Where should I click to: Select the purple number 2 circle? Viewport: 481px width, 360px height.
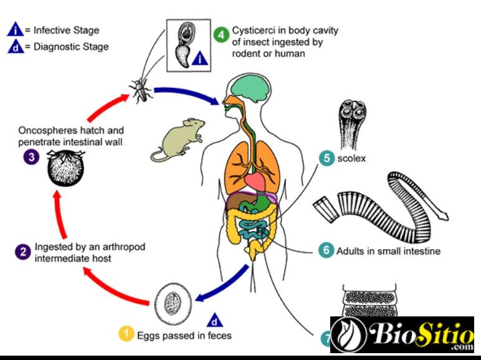(23, 252)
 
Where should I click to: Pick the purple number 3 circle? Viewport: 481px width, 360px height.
(31, 157)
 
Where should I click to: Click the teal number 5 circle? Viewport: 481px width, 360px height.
(326, 158)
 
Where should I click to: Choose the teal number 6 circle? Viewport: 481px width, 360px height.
(325, 251)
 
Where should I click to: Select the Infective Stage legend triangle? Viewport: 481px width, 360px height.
(15, 29)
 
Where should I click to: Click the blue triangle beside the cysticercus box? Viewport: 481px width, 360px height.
(199, 60)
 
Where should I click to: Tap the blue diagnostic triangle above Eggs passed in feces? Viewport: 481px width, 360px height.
(214, 320)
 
